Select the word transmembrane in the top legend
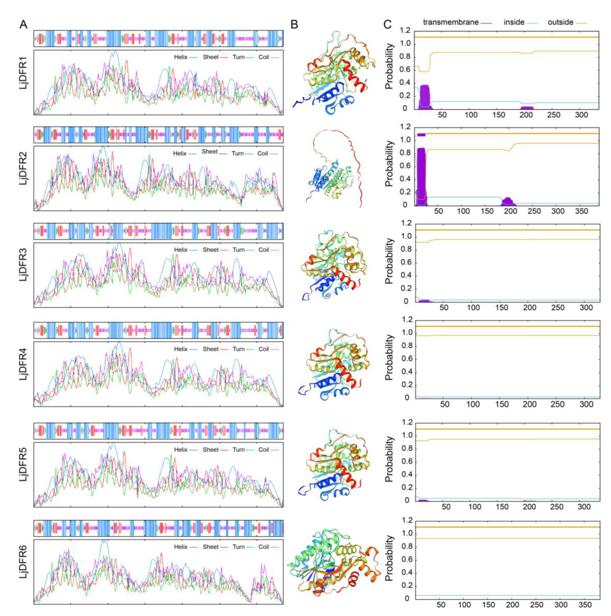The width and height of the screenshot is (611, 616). tap(450, 22)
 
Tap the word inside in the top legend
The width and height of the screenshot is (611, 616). tap(514, 22)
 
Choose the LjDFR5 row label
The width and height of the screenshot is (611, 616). tap(24, 468)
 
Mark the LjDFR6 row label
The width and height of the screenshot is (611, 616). tap(24, 564)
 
